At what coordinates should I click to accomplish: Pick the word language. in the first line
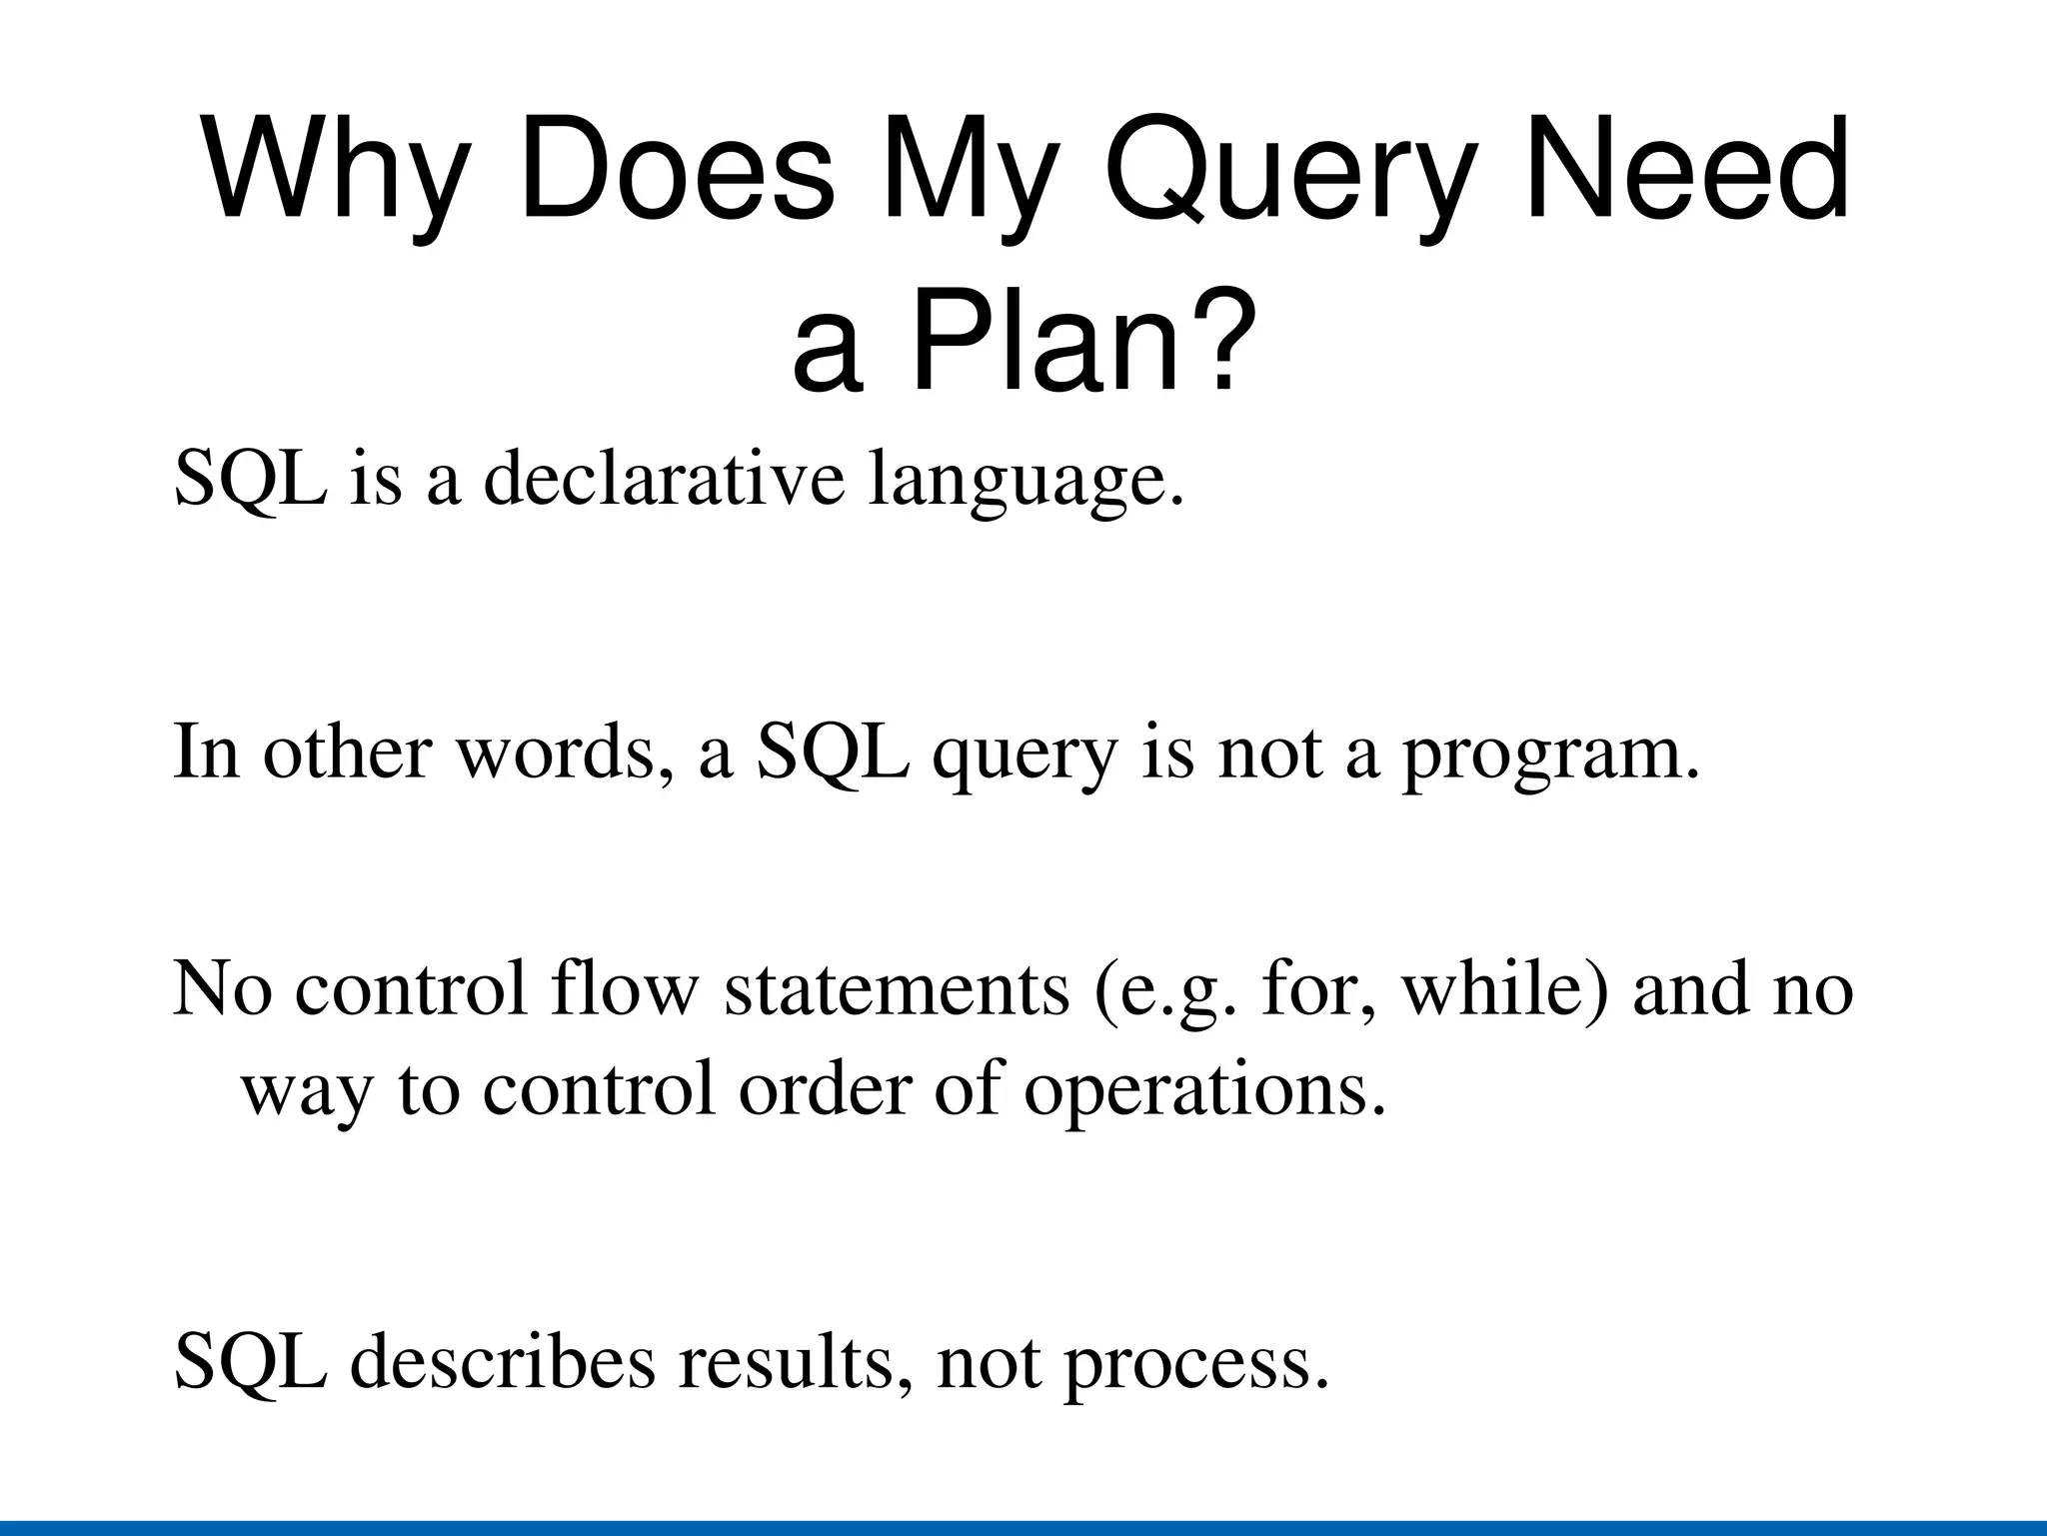[1025, 480]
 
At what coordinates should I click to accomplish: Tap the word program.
[1550, 754]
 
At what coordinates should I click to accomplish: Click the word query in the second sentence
[1023, 756]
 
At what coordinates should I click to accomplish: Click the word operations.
[1205, 1089]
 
